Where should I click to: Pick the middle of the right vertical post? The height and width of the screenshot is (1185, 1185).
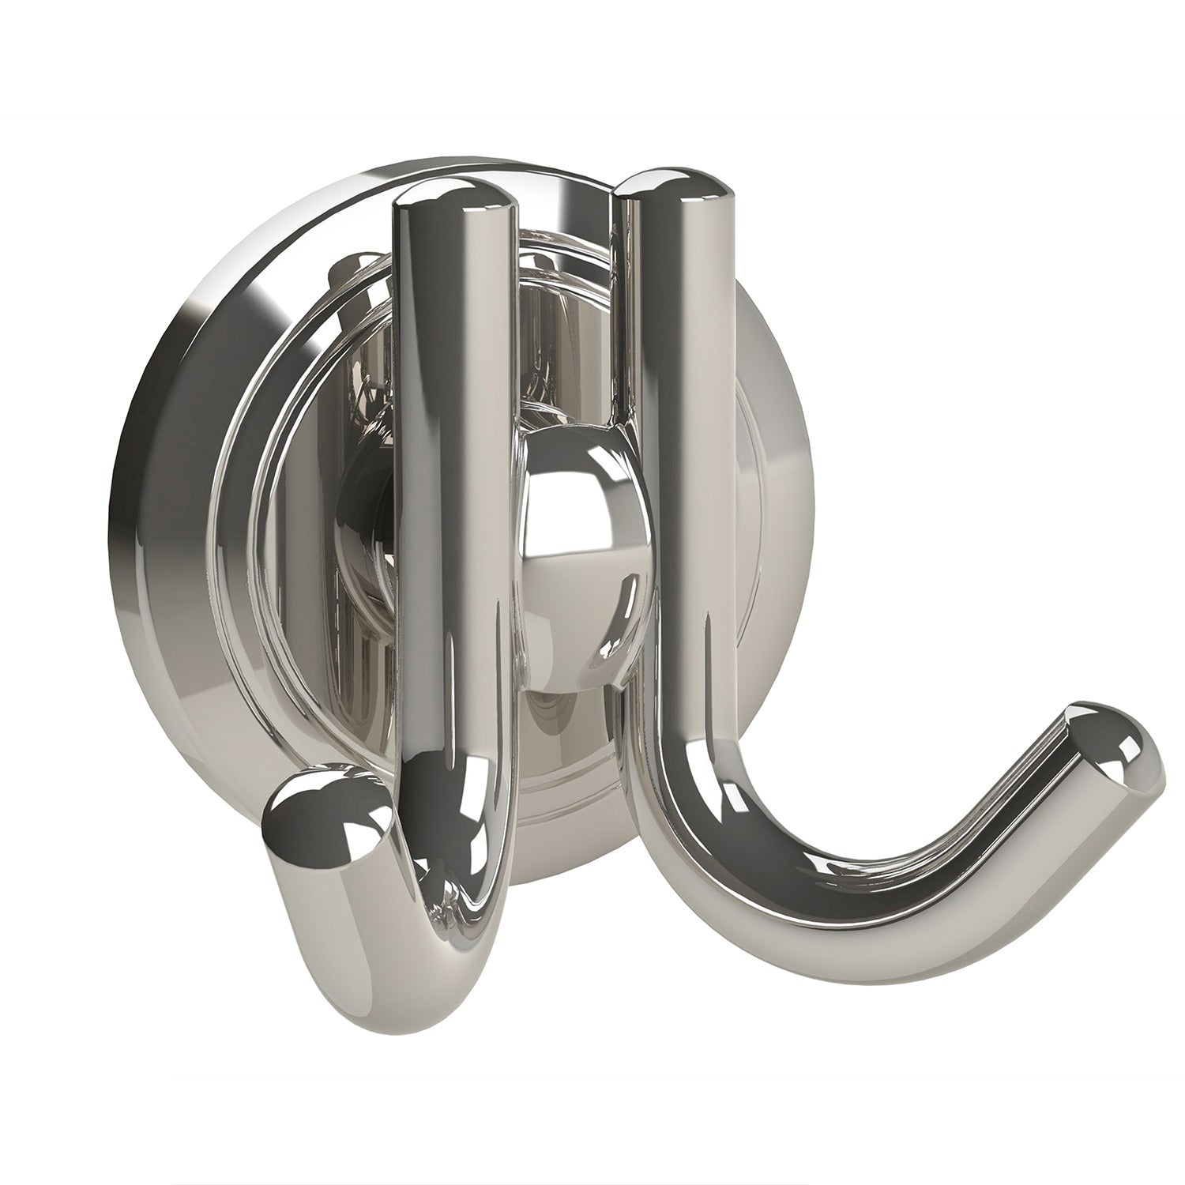(675, 395)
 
